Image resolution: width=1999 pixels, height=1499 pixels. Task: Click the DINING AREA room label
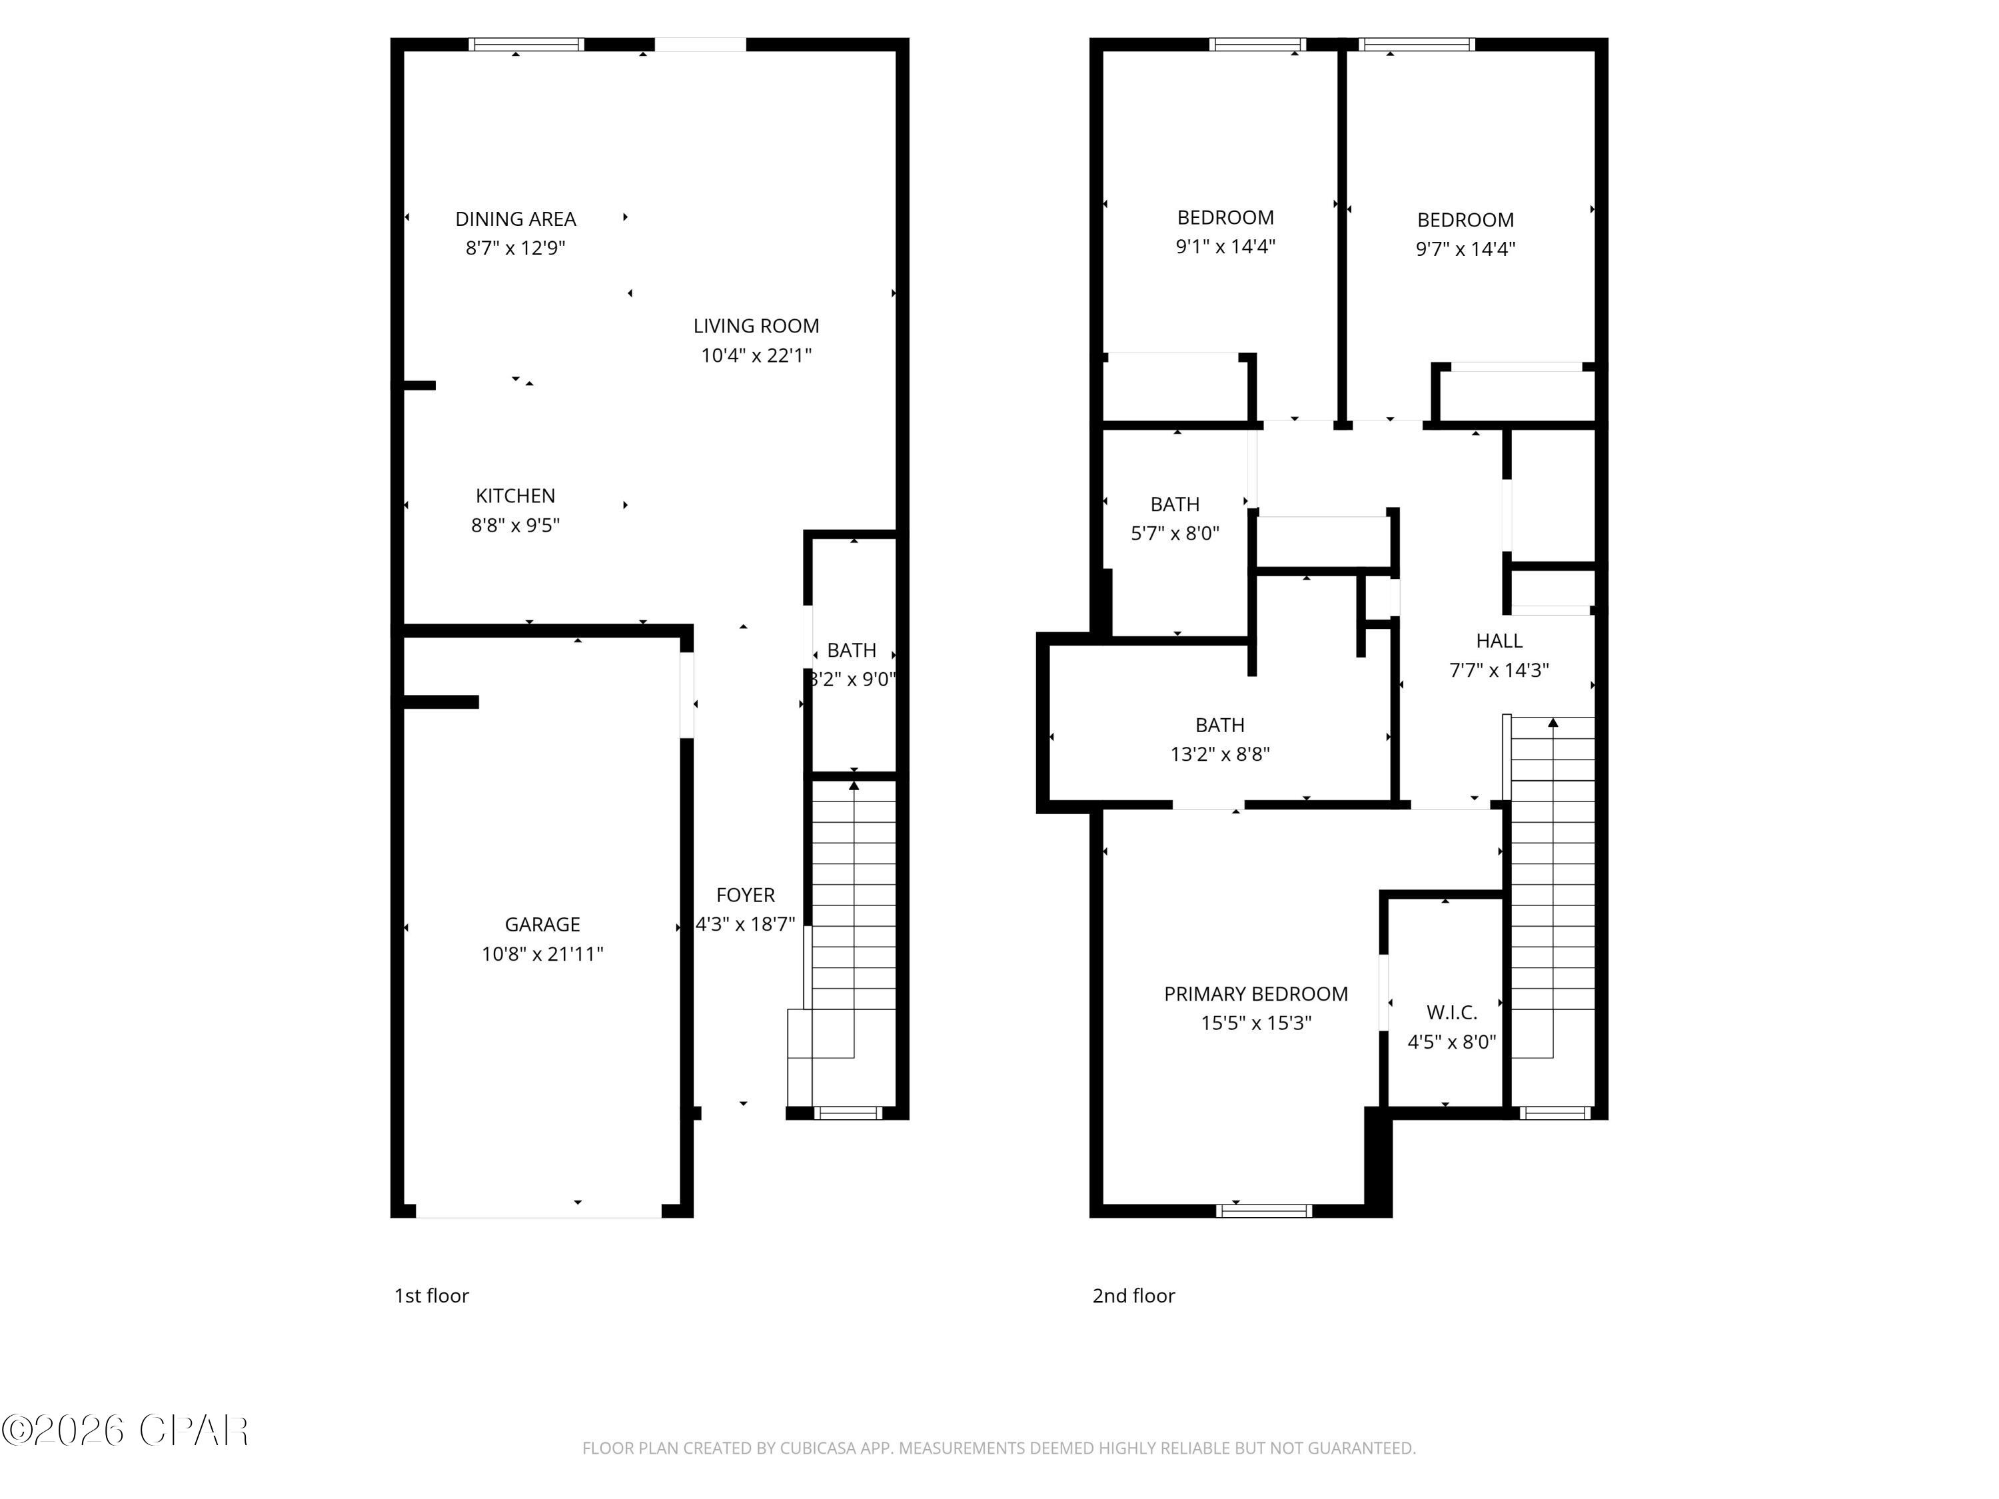515,219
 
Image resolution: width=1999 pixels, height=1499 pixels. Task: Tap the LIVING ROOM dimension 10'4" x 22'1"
756,355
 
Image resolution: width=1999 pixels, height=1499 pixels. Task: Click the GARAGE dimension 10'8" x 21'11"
542,953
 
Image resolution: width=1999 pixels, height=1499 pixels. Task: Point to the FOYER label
745,895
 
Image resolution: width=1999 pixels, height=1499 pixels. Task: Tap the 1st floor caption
431,1296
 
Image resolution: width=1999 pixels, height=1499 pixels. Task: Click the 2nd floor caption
1133,1296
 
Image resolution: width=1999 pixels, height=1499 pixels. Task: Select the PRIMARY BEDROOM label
1255,994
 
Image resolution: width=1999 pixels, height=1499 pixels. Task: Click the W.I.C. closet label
1451,1012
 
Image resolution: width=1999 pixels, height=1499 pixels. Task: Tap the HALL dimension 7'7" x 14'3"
1499,670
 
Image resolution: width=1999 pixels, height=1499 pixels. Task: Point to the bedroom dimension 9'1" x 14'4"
1225,246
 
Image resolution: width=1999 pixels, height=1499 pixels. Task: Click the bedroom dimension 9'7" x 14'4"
1465,249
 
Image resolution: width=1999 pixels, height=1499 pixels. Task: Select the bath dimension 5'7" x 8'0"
1175,533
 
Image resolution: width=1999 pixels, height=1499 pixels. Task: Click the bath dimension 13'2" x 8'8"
1219,753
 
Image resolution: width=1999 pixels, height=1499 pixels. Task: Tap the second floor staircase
1552,885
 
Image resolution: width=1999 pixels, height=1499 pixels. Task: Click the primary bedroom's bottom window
1263,1211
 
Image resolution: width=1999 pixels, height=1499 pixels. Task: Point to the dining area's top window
526,44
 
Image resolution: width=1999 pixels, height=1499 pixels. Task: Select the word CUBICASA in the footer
818,1448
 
